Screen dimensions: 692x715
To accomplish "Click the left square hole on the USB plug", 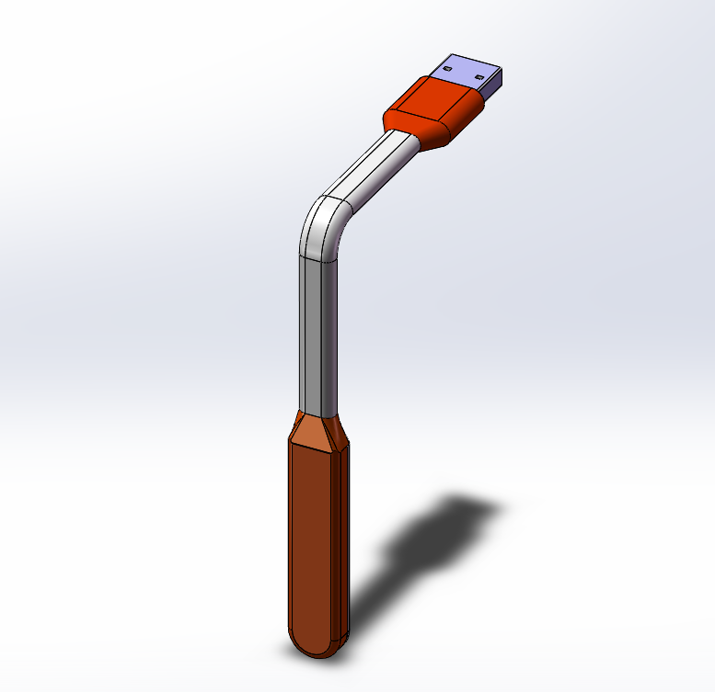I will [x=448, y=67].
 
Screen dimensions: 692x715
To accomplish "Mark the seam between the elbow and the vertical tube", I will [x=314, y=259].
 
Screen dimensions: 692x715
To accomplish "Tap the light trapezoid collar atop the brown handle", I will [x=313, y=429].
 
